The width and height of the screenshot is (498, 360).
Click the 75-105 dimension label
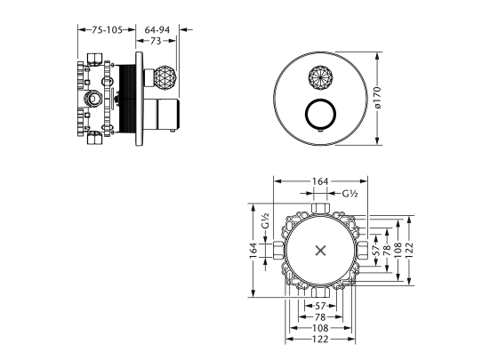coord(107,30)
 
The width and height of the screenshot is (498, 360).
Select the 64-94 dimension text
coord(157,30)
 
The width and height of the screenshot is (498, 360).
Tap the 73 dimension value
coord(156,41)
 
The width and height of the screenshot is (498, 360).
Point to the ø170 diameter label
coord(377,97)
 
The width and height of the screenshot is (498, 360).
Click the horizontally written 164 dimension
coord(320,181)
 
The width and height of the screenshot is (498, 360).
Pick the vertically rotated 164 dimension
coord(253,251)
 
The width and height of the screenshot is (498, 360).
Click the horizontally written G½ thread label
coord(350,194)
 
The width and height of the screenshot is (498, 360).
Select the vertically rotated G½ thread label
coord(266,221)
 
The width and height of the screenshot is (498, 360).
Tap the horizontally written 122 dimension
coord(320,340)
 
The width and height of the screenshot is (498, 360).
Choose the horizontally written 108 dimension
coord(320,328)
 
